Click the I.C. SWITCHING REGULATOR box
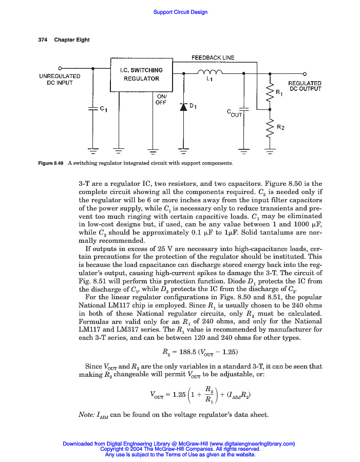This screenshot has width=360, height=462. coord(141,75)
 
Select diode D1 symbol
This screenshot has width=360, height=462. coord(182,107)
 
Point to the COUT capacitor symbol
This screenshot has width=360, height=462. coord(243,109)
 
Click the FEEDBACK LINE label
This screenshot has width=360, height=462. coord(213,58)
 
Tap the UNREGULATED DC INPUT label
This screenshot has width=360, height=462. coord(60,79)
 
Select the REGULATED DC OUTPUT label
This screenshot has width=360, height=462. coord(305,86)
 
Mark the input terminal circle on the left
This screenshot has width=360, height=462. coord(60,68)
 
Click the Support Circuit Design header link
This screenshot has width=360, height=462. coord(180,12)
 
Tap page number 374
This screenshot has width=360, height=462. coord(43,40)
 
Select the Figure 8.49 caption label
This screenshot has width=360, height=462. coord(51,163)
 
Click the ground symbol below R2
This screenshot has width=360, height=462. coord(268,151)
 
